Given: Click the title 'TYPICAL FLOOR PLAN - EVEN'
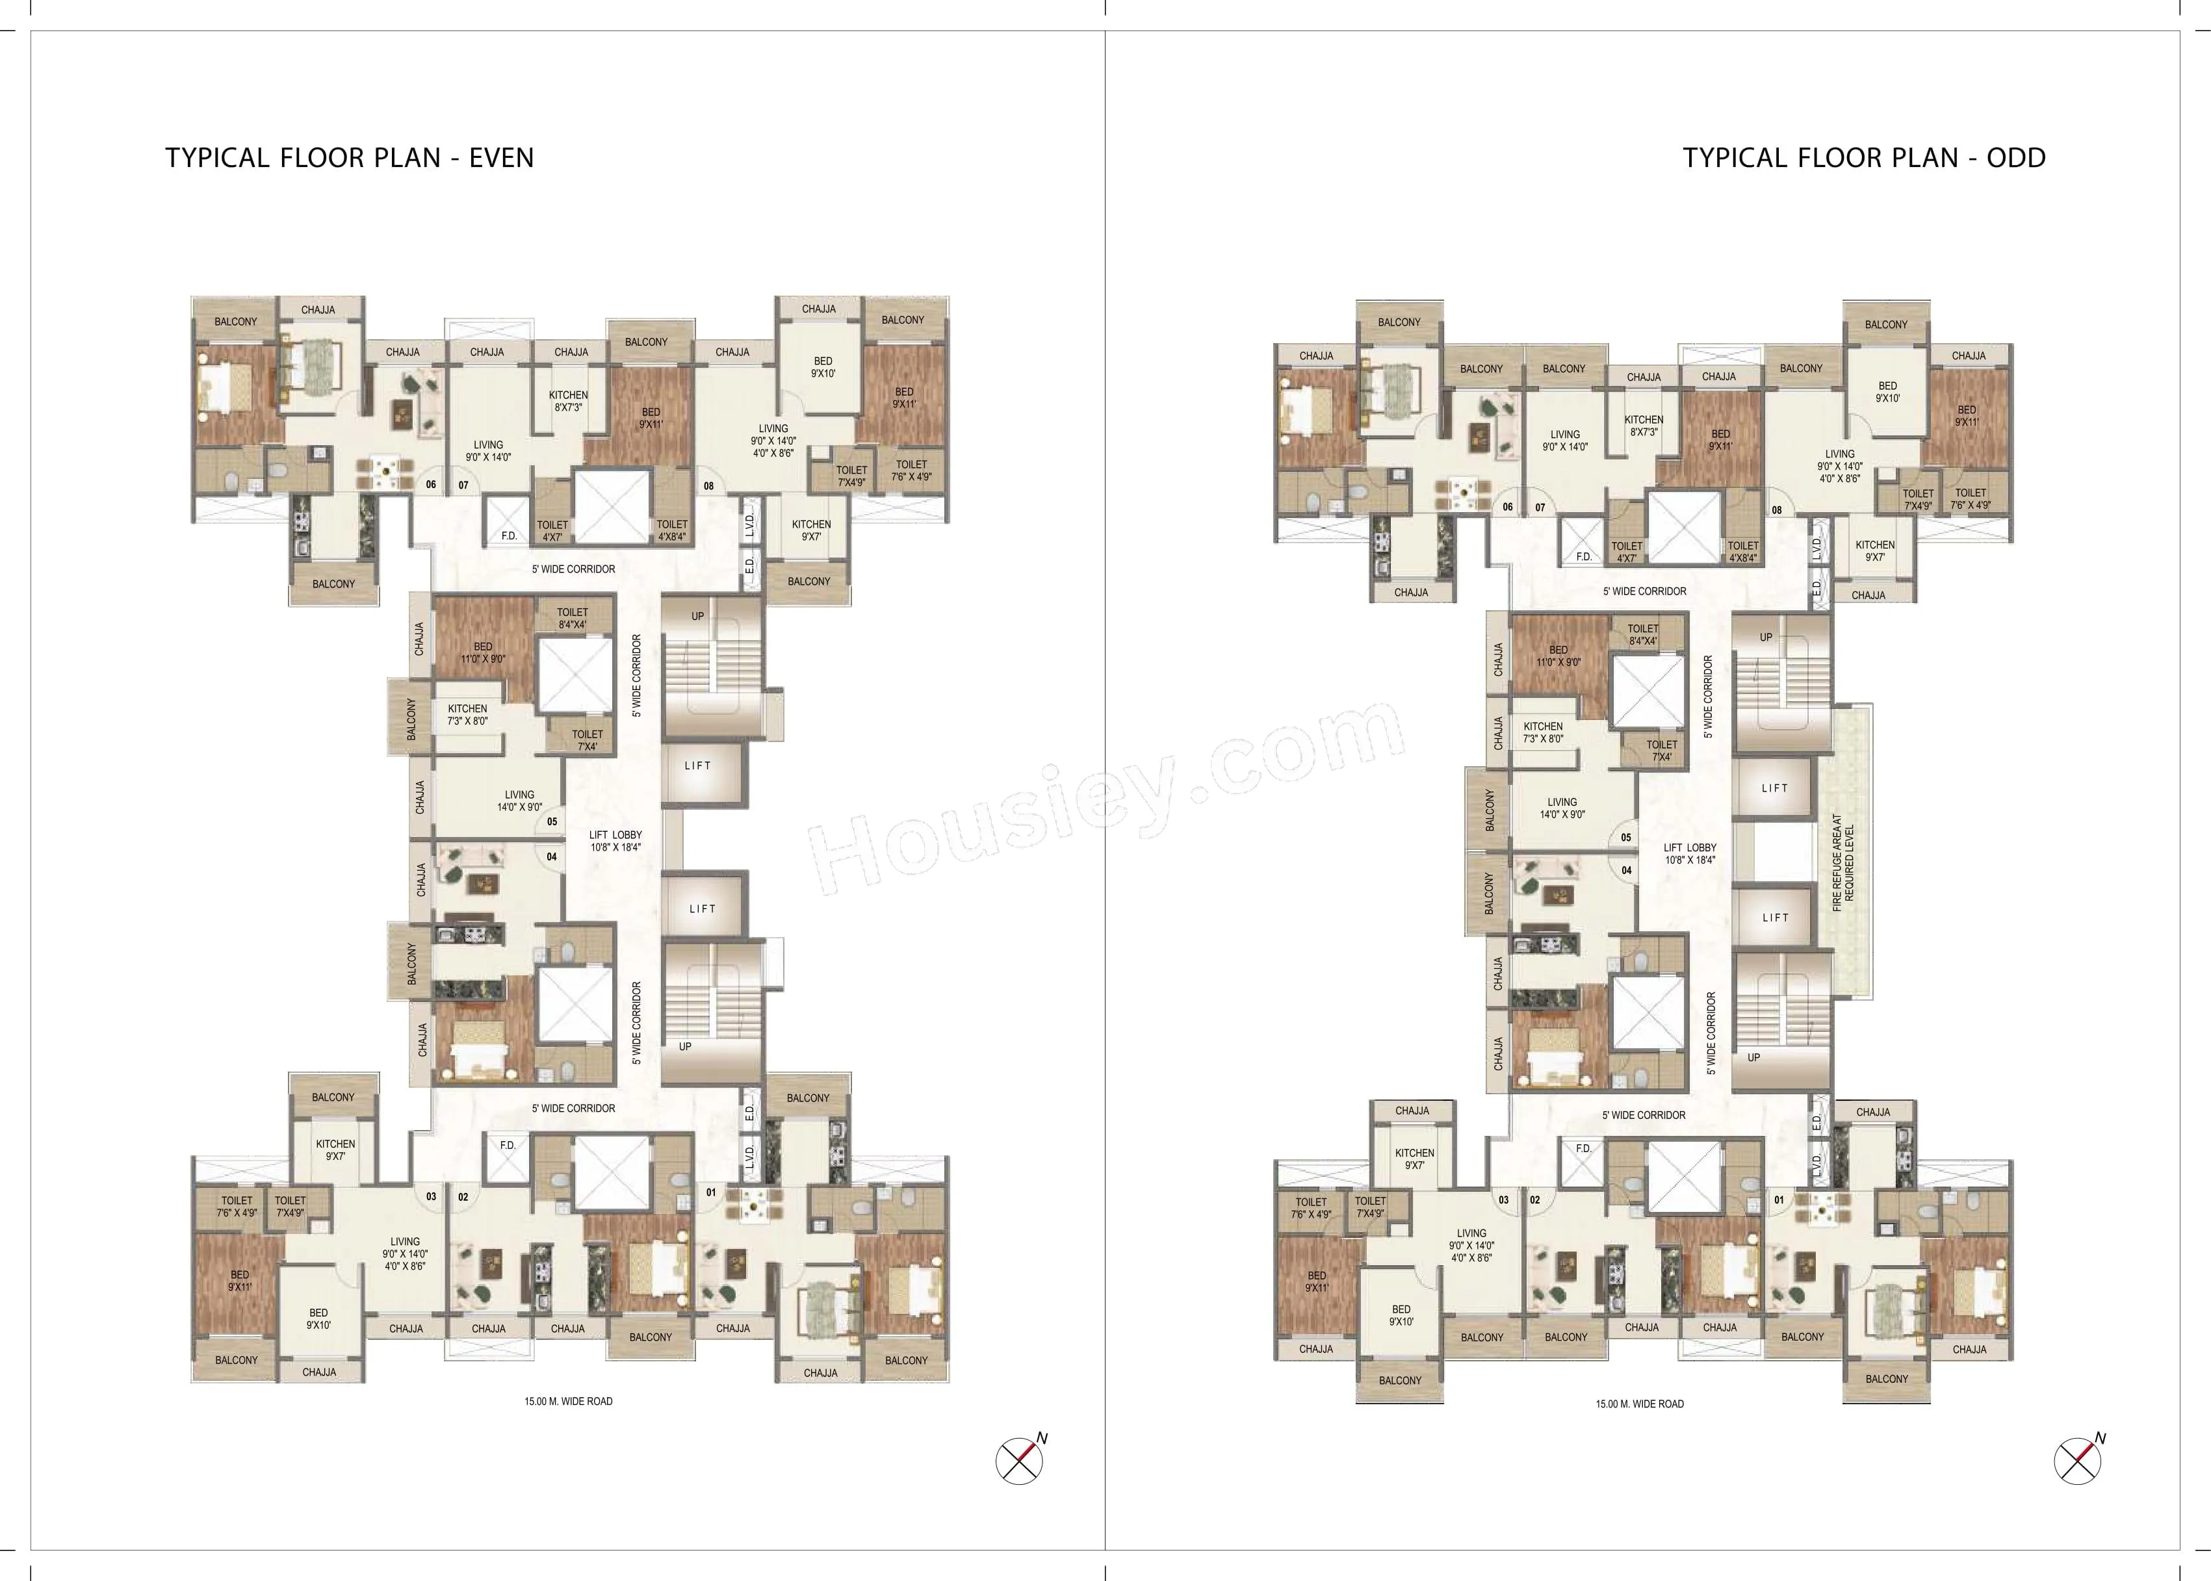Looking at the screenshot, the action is tap(350, 158).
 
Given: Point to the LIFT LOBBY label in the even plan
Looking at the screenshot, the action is tap(615, 841).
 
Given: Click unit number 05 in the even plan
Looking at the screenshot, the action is tap(552, 821).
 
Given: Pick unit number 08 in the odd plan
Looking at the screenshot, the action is tap(1777, 510).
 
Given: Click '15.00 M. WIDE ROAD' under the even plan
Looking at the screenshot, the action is tap(569, 1402).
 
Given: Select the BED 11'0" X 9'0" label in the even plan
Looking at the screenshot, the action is tap(483, 652).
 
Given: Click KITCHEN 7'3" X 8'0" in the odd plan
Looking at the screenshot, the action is tap(1543, 732).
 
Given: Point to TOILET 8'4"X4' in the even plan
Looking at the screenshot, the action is tap(573, 618).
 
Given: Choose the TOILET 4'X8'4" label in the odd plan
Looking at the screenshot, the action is tap(1742, 552).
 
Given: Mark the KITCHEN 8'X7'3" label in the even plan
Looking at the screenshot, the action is tap(569, 401).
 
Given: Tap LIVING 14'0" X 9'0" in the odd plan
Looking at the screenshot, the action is tap(1562, 808).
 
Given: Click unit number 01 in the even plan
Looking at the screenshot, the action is tap(712, 1192).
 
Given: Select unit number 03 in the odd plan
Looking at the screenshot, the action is tap(1503, 1200).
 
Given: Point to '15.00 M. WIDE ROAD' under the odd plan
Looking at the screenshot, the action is tap(1640, 1404).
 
